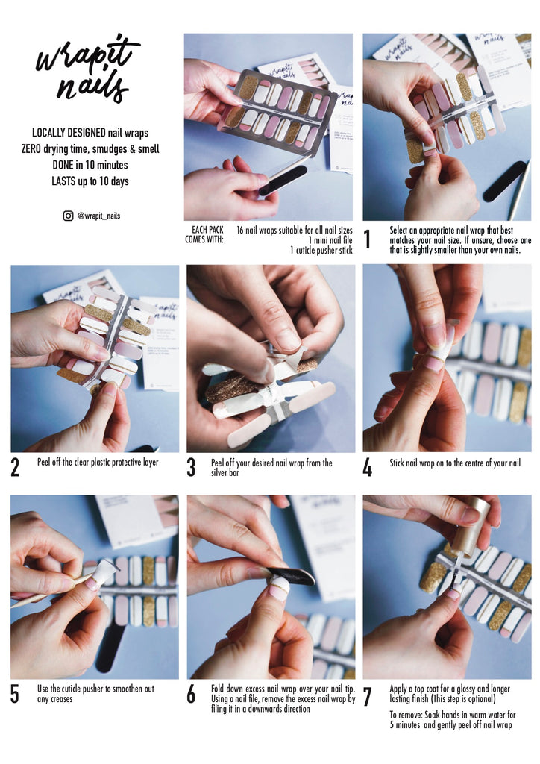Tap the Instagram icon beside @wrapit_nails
click(x=68, y=216)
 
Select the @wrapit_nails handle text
click(x=99, y=216)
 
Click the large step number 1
click(x=368, y=239)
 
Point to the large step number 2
click(x=15, y=467)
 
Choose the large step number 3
click(x=191, y=467)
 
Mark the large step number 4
click(x=368, y=467)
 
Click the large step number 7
click(x=368, y=697)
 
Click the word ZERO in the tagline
click(x=31, y=148)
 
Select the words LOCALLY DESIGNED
click(x=69, y=133)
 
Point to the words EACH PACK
click(x=207, y=230)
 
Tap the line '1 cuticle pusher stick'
click(x=321, y=250)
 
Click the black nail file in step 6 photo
click(x=292, y=576)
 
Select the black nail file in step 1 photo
click(x=504, y=181)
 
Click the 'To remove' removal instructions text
click(x=452, y=720)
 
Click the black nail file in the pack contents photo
click(x=283, y=181)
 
